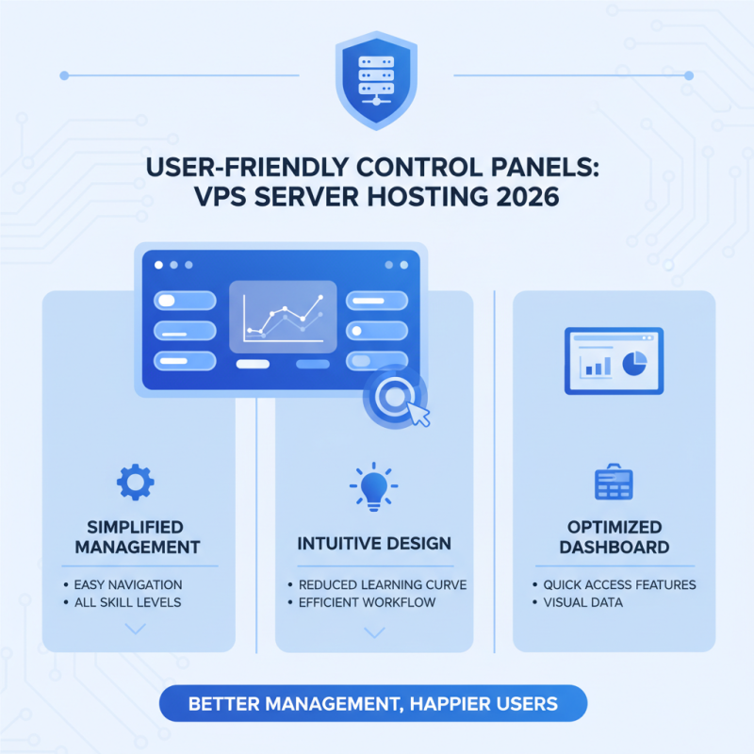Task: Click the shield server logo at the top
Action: (376, 80)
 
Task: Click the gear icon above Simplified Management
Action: (135, 482)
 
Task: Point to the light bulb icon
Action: (373, 486)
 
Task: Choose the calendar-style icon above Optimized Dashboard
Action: (614, 482)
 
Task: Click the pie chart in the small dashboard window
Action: (634, 364)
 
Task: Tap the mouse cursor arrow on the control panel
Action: (418, 414)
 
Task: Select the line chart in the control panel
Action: (284, 317)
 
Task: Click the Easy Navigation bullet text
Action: (128, 584)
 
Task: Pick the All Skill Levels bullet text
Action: (127, 602)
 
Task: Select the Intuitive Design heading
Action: (374, 544)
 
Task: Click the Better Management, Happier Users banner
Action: (373, 703)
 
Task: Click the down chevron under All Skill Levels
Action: (135, 629)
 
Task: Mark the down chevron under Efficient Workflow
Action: (374, 632)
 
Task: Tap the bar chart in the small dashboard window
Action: (598, 367)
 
